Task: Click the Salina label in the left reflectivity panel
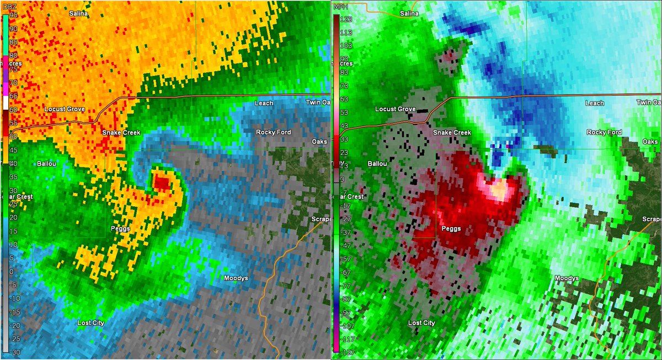point(79,13)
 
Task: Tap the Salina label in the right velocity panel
point(409,13)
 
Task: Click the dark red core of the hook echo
point(162,181)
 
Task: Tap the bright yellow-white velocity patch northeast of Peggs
point(499,191)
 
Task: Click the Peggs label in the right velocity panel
point(452,228)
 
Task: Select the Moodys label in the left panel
point(236,278)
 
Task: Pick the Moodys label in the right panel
point(567,278)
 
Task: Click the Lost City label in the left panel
point(90,323)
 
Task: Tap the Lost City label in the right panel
point(421,323)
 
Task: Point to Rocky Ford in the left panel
point(274,132)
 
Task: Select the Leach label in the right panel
point(595,103)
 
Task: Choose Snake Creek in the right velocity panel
point(452,133)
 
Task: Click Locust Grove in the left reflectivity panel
point(65,109)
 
